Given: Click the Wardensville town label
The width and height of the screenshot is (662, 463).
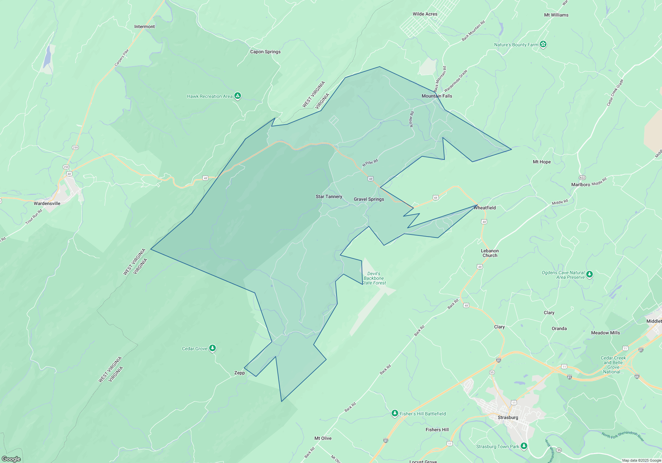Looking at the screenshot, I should click(x=47, y=203).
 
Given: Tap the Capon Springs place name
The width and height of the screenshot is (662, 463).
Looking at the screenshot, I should click(x=265, y=52).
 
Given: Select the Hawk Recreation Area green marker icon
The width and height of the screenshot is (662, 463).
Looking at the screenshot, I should click(x=237, y=96).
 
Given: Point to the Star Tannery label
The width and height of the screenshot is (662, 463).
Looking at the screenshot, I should click(x=329, y=196).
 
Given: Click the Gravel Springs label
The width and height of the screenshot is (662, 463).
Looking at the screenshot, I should click(x=369, y=199).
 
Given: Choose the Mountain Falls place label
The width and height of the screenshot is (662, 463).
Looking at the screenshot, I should click(x=437, y=96).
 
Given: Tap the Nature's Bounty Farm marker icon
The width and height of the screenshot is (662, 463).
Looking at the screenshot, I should click(x=543, y=44).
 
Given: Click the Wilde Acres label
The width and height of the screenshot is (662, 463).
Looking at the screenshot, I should click(x=425, y=14).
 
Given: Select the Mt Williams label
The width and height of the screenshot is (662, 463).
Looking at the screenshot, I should click(x=556, y=15).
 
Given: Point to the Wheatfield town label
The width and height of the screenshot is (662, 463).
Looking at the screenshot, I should click(x=485, y=208).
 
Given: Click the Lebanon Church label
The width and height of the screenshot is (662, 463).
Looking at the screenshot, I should click(x=490, y=253).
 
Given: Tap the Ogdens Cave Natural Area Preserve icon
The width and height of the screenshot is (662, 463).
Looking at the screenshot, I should click(x=590, y=274).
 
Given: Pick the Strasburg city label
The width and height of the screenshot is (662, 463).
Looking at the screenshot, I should click(x=508, y=417).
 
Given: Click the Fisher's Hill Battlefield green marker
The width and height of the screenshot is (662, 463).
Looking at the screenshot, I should click(x=395, y=413).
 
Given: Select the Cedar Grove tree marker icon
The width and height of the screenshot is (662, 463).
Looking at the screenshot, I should click(x=213, y=348).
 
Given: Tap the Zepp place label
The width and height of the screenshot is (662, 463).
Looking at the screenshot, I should click(x=239, y=373).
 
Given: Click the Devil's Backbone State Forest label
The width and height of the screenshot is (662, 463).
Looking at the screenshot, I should click(x=374, y=278).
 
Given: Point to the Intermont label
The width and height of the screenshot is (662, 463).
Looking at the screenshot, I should click(x=144, y=26).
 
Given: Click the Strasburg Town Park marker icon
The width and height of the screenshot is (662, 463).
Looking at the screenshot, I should click(x=524, y=446).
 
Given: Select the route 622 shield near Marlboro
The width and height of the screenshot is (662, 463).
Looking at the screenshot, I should click(x=582, y=178).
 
